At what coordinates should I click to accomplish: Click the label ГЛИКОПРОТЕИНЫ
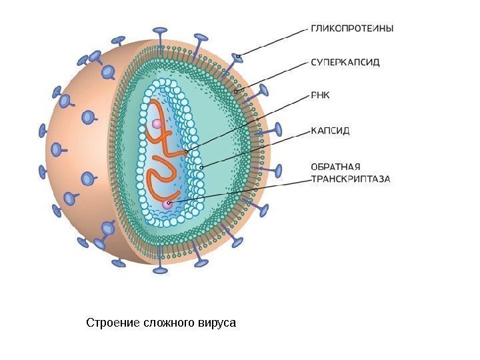352,28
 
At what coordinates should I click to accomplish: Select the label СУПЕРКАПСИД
345,62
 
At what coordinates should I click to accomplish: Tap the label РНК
321,95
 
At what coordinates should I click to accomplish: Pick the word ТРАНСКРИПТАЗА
351,179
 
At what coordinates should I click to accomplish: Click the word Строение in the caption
110,323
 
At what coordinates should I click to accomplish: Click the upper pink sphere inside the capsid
157,123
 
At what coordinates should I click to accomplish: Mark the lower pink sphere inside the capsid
167,205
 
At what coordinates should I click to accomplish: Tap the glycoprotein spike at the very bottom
161,267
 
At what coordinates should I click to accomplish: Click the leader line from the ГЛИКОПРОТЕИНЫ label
273,42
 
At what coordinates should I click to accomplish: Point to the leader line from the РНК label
253,120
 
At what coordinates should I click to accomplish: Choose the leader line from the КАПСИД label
253,148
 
